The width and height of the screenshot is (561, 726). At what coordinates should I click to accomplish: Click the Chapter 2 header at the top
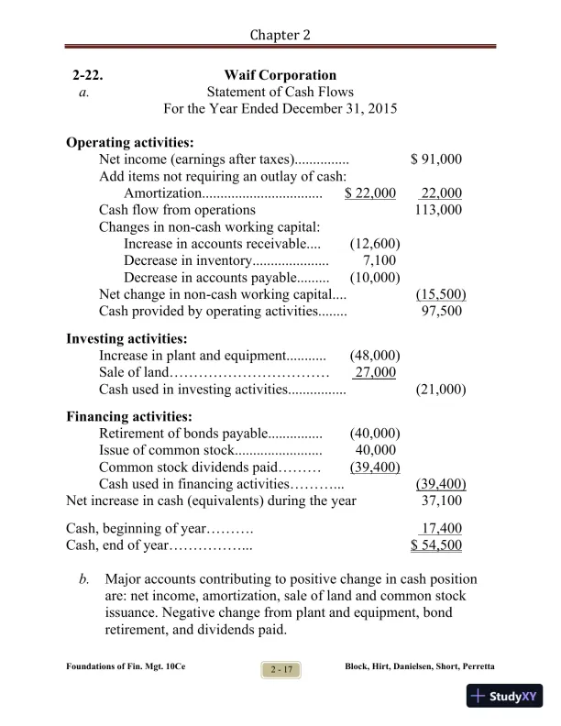point(280,35)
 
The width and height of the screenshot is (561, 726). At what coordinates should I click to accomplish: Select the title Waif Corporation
point(280,75)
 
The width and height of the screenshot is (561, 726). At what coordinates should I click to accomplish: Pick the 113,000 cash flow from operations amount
point(439,210)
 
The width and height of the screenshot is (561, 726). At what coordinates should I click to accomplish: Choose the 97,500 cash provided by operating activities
point(442,312)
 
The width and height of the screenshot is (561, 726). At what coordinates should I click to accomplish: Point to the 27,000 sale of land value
point(376,372)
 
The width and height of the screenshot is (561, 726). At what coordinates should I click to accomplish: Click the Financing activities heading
point(128,416)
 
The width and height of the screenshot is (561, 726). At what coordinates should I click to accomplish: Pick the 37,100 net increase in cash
point(442,501)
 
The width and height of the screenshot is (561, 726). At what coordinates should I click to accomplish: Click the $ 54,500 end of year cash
point(436,545)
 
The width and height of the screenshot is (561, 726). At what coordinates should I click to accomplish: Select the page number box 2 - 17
point(281,672)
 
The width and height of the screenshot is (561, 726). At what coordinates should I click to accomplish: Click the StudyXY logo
point(503,697)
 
